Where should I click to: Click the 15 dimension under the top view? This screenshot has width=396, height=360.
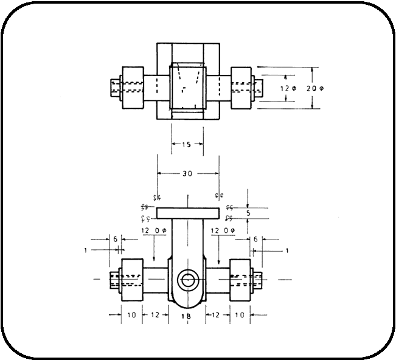pyautogui.click(x=187, y=144)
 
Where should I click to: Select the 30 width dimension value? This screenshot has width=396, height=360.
pyautogui.click(x=187, y=173)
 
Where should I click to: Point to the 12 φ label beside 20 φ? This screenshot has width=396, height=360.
pyautogui.click(x=288, y=89)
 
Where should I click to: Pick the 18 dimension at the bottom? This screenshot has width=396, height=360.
pyautogui.click(x=187, y=317)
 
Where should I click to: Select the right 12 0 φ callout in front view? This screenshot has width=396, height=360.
pyautogui.click(x=223, y=231)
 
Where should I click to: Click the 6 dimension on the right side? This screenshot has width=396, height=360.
pyautogui.click(x=255, y=240)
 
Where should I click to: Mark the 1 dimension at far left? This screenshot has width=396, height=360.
pyautogui.click(x=86, y=250)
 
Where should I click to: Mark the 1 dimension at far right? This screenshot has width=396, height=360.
pyautogui.click(x=287, y=250)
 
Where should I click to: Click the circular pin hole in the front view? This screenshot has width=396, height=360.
pyautogui.click(x=187, y=280)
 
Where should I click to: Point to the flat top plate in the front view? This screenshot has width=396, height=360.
pyautogui.click(x=187, y=213)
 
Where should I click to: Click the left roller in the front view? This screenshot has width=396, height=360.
pyautogui.click(x=132, y=280)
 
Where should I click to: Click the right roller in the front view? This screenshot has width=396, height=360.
pyautogui.click(x=240, y=280)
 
